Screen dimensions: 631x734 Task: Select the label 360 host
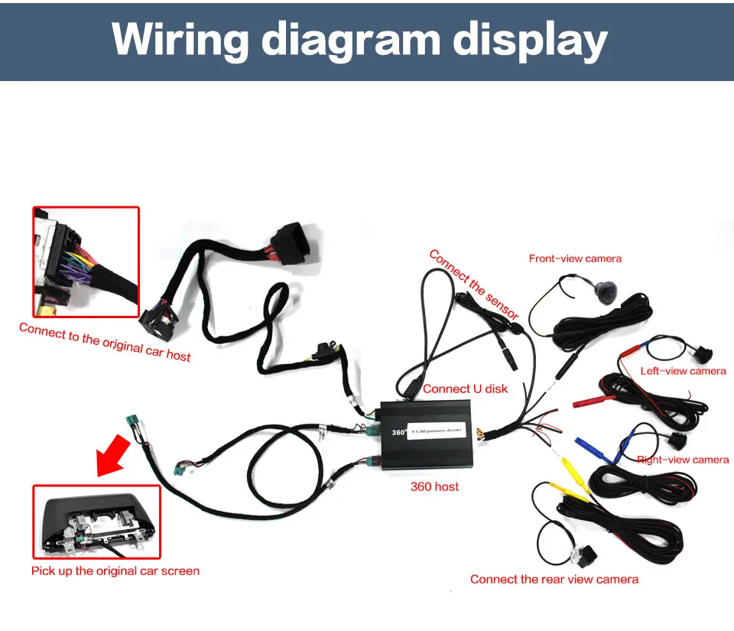(x=434, y=486)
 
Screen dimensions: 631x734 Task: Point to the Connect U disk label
(x=465, y=389)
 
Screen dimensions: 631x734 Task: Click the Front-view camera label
(x=575, y=259)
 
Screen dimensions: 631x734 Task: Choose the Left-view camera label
(x=683, y=371)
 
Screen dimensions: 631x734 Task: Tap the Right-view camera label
(x=683, y=460)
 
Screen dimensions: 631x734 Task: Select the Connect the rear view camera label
(x=554, y=579)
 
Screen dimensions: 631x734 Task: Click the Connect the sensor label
(x=473, y=284)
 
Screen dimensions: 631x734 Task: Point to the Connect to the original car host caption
(x=105, y=341)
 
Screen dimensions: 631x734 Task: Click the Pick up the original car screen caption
(x=115, y=571)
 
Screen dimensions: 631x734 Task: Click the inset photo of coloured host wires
(x=86, y=261)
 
